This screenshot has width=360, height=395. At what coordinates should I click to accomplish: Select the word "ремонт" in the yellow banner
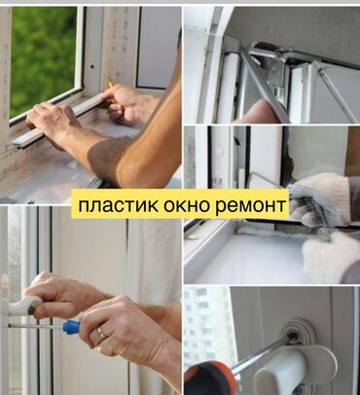(x=251, y=206)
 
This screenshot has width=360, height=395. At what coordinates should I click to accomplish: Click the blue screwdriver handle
(x=71, y=326)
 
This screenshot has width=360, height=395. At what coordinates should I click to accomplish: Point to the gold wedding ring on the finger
(x=101, y=333)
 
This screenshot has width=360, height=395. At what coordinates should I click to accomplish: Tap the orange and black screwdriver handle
(x=204, y=377)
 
